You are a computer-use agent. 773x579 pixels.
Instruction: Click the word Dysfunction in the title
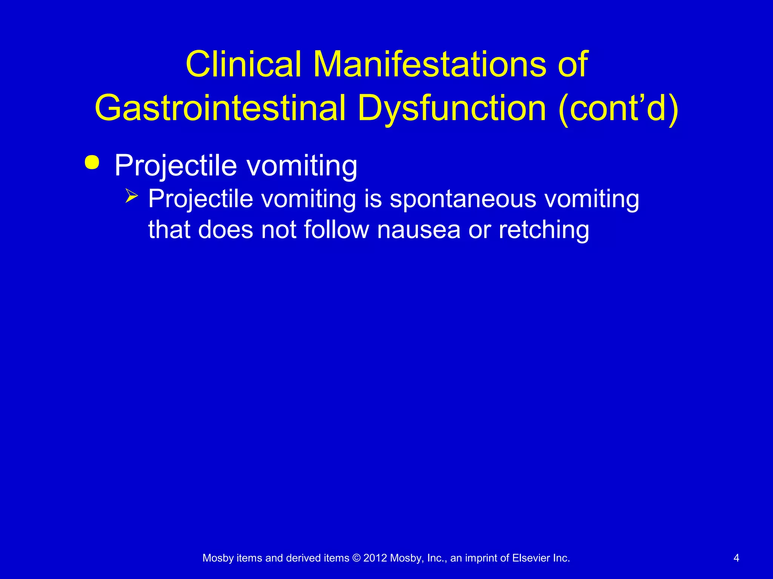pyautogui.click(x=452, y=109)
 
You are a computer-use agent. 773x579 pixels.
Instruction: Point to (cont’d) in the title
pyautogui.click(x=618, y=109)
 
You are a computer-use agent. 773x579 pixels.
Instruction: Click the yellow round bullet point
pyautogui.click(x=92, y=162)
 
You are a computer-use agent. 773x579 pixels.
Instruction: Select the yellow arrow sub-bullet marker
pyautogui.click(x=132, y=196)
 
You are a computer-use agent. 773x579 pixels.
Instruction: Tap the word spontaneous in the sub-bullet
pyautogui.click(x=463, y=199)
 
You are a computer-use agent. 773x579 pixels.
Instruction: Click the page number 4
pyautogui.click(x=736, y=558)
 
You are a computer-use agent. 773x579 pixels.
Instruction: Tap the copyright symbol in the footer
pyautogui.click(x=356, y=558)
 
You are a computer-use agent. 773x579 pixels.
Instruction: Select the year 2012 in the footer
pyautogui.click(x=375, y=558)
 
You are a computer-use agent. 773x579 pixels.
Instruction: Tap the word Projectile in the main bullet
pyautogui.click(x=176, y=166)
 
